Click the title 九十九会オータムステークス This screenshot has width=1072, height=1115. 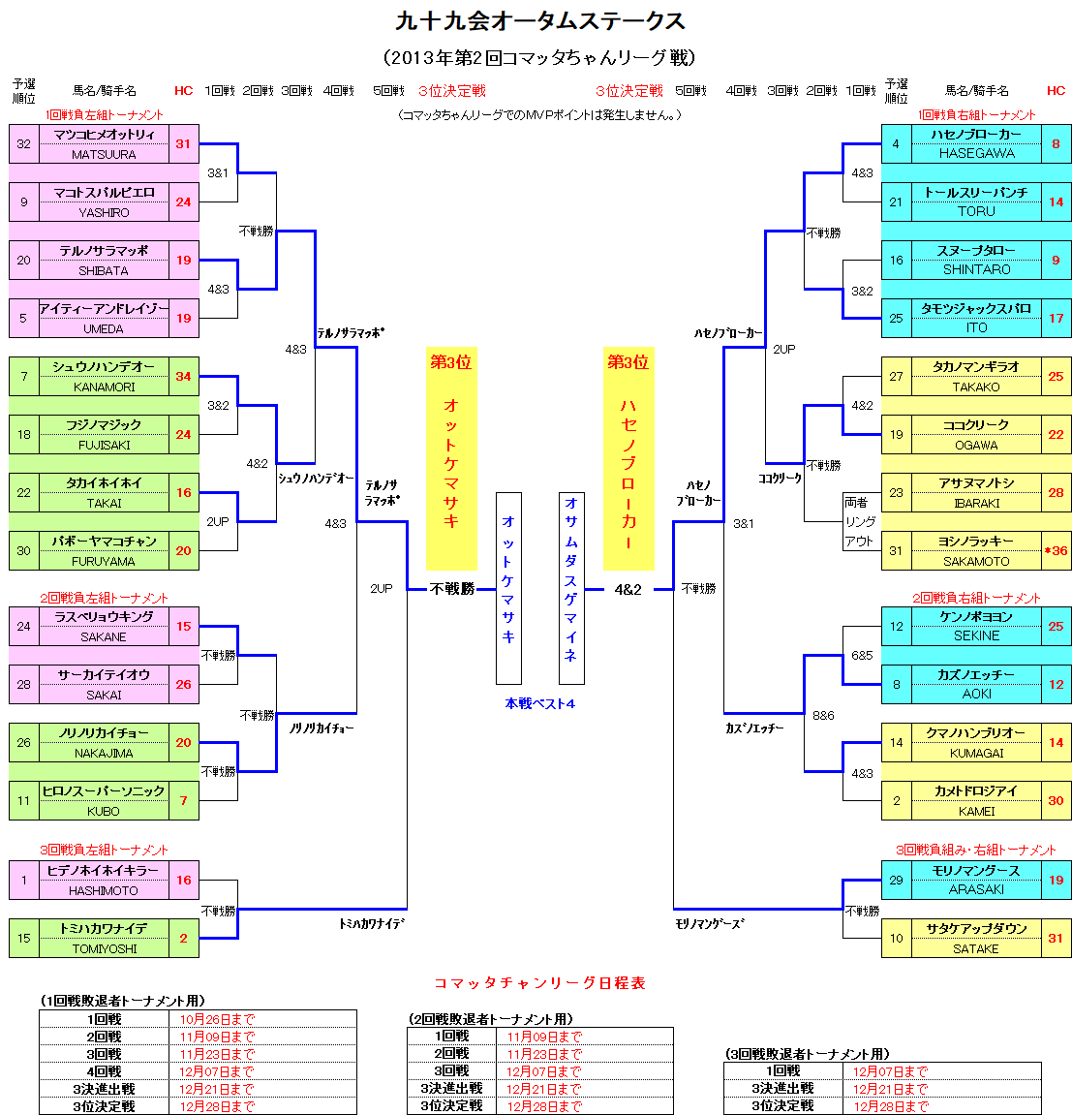click(x=539, y=21)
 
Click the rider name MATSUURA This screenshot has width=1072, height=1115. click(x=104, y=154)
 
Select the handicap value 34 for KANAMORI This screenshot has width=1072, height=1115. click(x=183, y=376)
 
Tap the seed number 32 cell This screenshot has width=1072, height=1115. click(x=23, y=143)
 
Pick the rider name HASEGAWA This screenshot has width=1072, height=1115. click(x=976, y=154)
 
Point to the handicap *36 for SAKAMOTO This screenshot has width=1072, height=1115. click(x=1056, y=550)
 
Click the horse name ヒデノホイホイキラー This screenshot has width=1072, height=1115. click(x=104, y=870)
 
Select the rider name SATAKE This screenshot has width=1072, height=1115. click(x=976, y=948)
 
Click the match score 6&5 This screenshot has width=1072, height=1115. click(x=862, y=656)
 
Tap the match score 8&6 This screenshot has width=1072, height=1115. click(x=823, y=716)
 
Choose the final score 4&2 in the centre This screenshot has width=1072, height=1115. click(x=628, y=589)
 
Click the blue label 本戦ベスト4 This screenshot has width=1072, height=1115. click(x=539, y=703)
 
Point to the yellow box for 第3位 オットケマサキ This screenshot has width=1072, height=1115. click(x=451, y=458)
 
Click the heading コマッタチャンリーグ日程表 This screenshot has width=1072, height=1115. click(x=539, y=982)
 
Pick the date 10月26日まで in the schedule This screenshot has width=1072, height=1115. click(x=217, y=1019)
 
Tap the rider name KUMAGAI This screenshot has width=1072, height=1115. click(x=976, y=753)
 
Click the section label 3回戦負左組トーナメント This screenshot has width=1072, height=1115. click(x=104, y=850)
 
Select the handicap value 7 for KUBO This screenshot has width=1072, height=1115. click(x=183, y=800)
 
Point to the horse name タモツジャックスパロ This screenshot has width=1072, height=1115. click(x=976, y=308)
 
